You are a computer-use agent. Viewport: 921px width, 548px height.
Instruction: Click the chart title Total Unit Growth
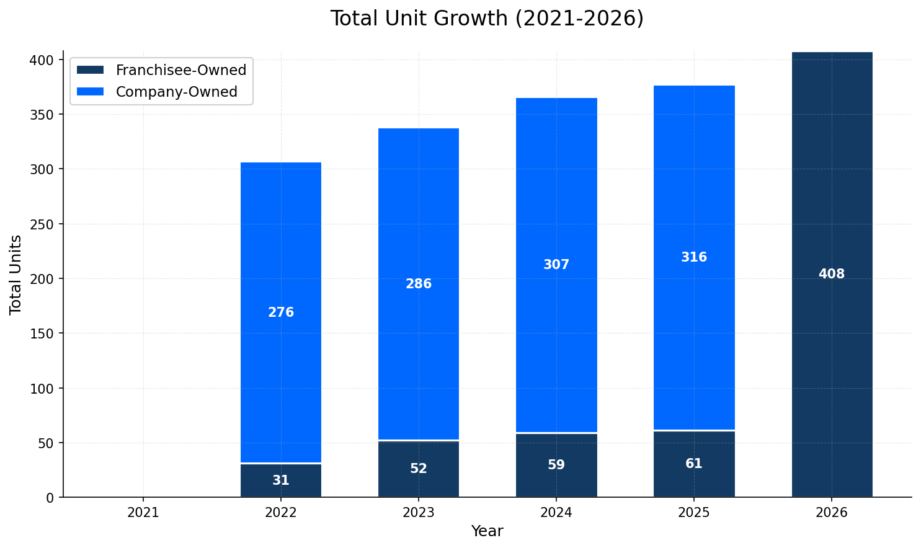point(487,19)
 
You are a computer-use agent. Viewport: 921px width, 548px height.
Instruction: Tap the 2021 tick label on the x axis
point(143,513)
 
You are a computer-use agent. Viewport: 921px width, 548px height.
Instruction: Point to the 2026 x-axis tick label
point(832,513)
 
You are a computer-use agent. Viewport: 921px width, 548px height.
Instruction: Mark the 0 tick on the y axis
point(51,498)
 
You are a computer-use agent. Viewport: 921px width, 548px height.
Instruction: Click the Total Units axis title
point(16,275)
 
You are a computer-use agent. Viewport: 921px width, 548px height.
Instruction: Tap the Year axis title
point(487,531)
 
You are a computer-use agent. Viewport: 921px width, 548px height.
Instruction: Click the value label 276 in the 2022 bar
point(281,312)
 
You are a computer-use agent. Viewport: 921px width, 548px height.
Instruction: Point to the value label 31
point(281,480)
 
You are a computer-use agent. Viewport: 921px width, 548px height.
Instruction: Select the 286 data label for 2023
point(419,284)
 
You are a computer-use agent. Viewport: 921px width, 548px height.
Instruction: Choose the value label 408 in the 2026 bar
point(832,274)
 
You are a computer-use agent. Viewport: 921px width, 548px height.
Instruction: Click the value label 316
point(694,257)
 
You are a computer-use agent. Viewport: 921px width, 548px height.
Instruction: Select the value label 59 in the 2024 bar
point(556,465)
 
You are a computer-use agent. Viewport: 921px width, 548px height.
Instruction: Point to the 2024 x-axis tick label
point(556,513)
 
